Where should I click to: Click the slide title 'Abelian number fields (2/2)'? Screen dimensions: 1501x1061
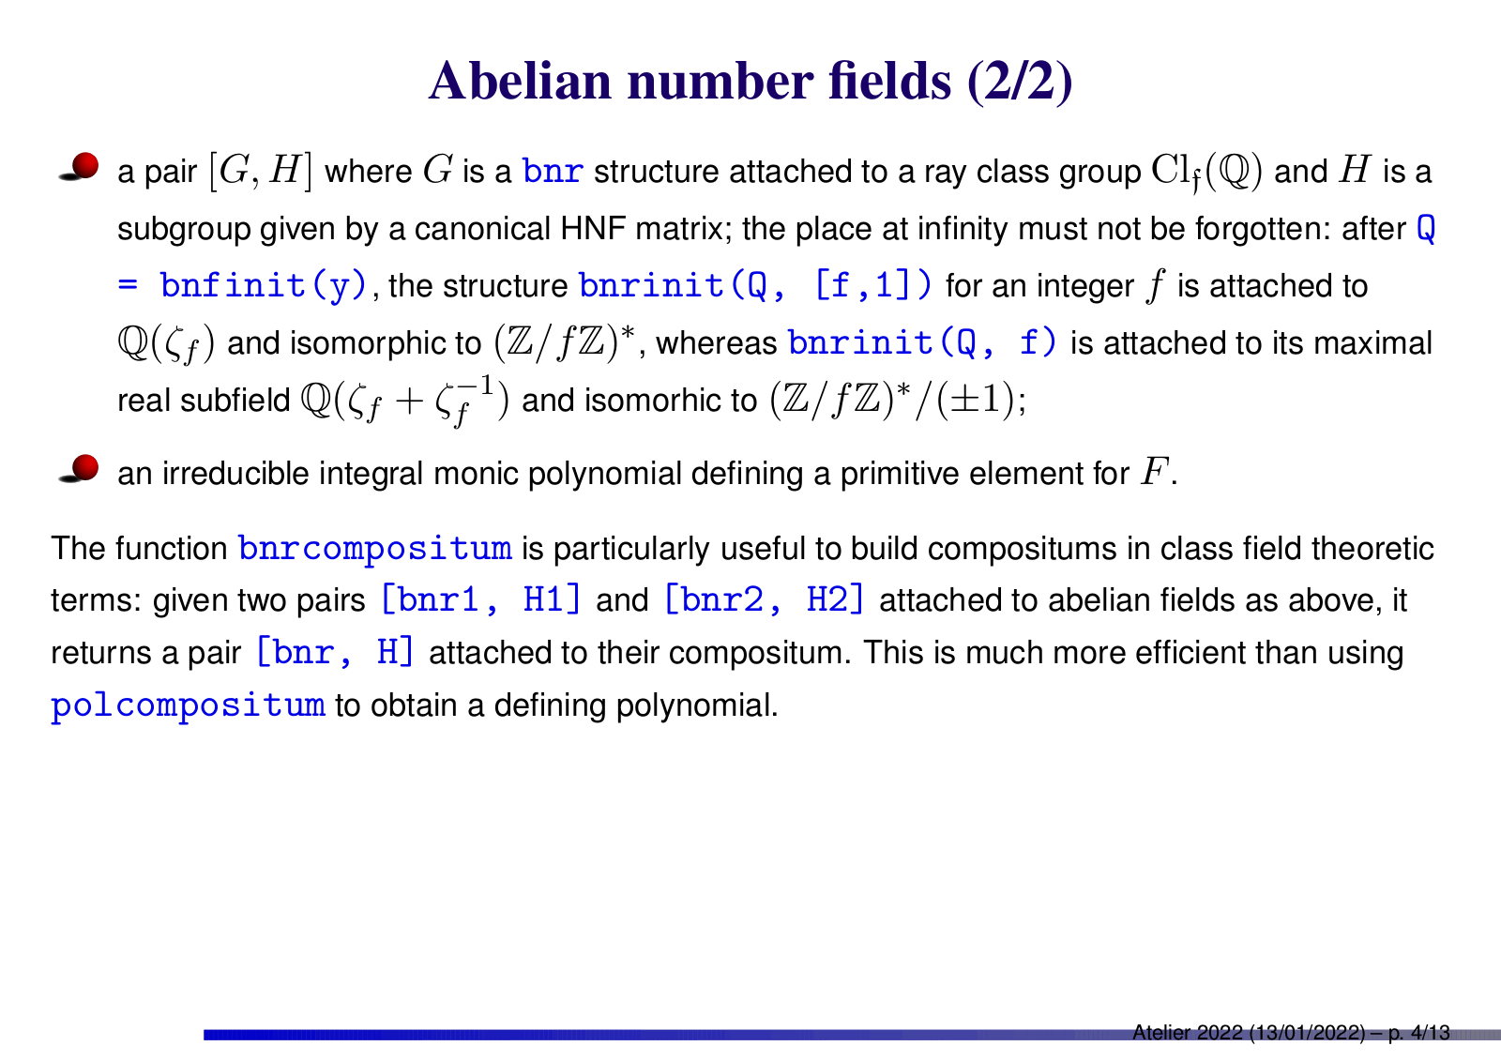point(750,81)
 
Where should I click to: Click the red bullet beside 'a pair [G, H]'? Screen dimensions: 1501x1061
point(80,167)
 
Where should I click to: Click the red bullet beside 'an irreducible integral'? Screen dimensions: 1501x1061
point(80,468)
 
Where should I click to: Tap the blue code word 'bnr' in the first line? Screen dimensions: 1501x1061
point(553,171)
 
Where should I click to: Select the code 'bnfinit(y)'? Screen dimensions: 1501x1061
point(264,285)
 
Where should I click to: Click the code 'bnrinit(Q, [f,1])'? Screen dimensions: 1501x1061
point(755,285)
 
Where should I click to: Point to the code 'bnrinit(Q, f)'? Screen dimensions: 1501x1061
point(922,342)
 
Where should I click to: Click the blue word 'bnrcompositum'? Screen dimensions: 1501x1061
point(375,548)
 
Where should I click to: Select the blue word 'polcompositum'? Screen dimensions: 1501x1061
point(189,705)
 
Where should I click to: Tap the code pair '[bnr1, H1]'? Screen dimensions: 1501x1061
point(480,599)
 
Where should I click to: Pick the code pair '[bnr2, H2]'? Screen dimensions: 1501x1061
point(764,599)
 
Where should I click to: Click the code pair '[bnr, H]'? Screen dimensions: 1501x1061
point(335,652)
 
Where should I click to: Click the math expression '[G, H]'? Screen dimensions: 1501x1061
point(261,171)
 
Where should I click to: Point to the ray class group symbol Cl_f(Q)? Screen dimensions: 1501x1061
point(1206,172)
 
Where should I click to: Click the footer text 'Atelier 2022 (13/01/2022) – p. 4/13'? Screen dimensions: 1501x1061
point(1291,1033)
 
